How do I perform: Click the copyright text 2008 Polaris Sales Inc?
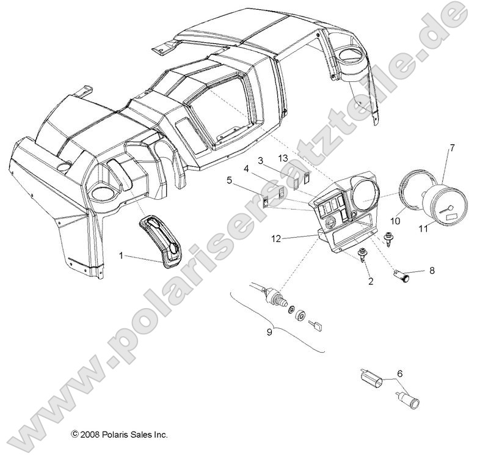118,435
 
